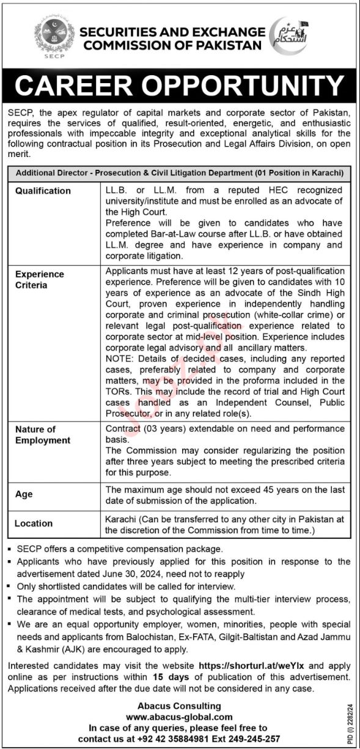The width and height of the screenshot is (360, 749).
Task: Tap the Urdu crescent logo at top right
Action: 288,36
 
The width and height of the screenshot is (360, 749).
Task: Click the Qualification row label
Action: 43,191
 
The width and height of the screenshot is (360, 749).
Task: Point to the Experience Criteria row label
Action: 40,280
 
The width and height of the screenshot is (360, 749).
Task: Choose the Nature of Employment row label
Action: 43,435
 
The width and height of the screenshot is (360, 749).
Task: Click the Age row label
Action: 24,494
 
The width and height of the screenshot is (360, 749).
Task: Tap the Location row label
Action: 34,523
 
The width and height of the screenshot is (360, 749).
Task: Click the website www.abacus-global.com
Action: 179,717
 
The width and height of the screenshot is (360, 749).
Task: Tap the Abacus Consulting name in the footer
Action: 179,706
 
